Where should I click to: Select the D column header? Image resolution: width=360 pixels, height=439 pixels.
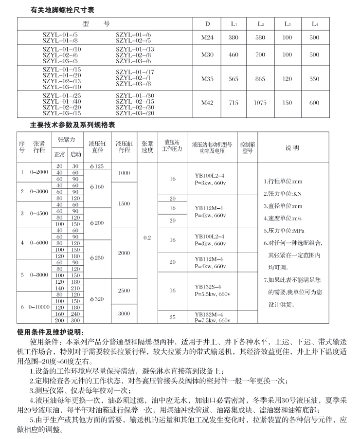click(x=208, y=23)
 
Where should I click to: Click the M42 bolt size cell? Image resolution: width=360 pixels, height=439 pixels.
click(x=208, y=103)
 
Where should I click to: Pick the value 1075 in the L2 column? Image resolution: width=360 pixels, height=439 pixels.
click(x=261, y=103)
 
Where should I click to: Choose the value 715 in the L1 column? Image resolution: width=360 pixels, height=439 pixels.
click(x=234, y=103)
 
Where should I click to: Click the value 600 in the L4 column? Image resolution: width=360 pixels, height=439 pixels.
click(x=315, y=103)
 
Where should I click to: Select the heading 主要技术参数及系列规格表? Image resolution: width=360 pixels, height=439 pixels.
click(x=72, y=125)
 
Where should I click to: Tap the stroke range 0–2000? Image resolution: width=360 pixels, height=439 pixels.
click(x=38, y=172)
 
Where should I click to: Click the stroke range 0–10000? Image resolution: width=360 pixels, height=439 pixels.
click(x=38, y=308)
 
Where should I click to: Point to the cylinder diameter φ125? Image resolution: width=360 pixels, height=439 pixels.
click(x=97, y=166)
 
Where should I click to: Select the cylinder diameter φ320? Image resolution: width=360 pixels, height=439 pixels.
click(x=97, y=299)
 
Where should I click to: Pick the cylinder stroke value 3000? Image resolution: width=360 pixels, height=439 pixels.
click(x=124, y=314)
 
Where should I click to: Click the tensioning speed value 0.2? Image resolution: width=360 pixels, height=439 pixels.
click(x=147, y=238)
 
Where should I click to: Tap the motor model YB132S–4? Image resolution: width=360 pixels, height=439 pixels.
click(x=208, y=287)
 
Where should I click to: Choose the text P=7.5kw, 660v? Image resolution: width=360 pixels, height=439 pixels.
click(x=212, y=321)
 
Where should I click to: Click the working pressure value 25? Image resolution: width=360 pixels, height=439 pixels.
click(x=172, y=317)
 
